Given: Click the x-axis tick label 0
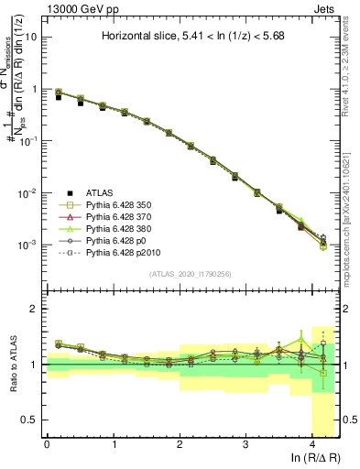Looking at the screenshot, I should pos(47,444).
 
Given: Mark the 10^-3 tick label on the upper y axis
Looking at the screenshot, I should pos(29,245).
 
